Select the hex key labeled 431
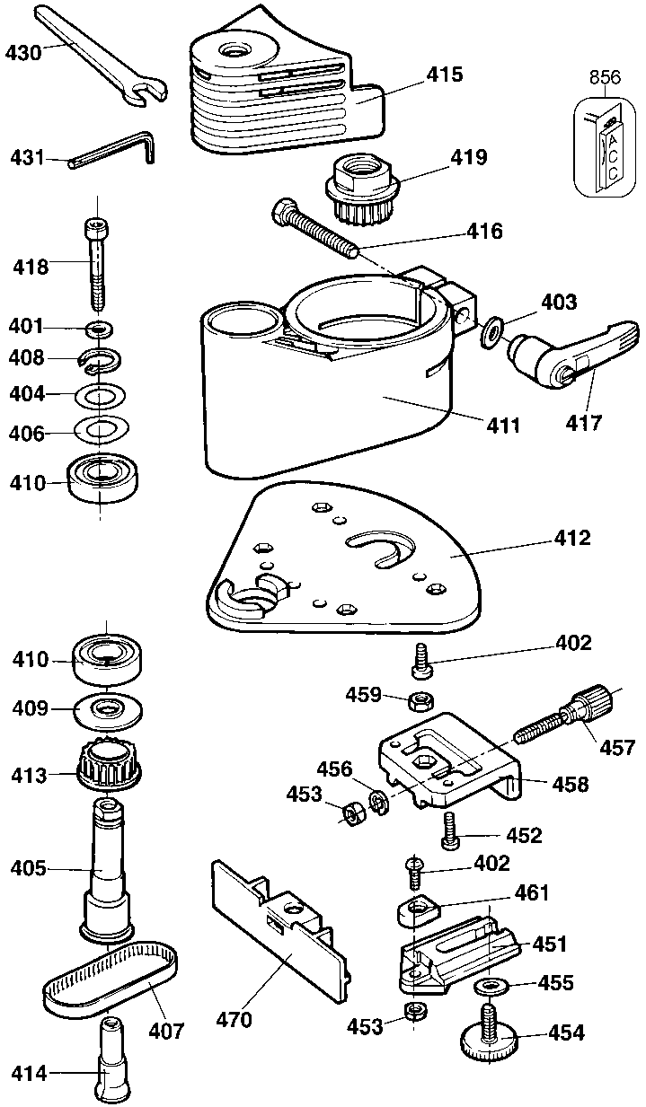point(113,151)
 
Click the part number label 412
point(571,539)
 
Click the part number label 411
point(503,426)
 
